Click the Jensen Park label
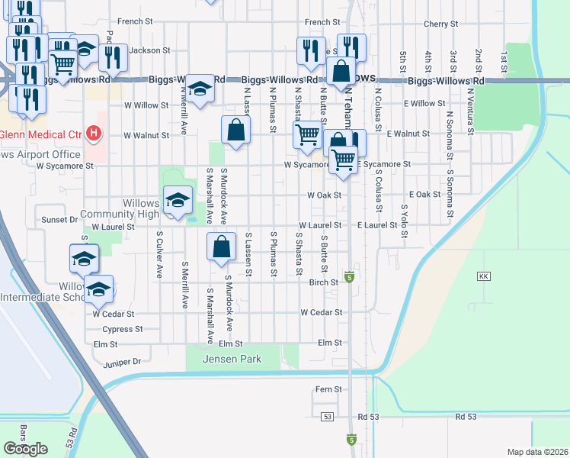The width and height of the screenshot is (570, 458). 232,359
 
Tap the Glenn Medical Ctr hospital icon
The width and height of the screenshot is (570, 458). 93,134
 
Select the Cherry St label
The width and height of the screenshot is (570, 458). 440,24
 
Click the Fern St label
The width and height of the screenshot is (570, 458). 328,389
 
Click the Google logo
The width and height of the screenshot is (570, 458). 25,449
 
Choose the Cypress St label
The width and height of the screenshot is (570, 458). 123,330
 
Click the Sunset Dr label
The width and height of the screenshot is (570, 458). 60,220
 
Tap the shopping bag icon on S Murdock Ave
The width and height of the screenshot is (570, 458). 221,247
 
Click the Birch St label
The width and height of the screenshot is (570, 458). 323,282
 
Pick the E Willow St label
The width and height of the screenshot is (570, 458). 424,103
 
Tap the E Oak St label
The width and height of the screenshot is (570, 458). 424,195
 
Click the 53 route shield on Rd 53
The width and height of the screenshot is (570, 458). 328,417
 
